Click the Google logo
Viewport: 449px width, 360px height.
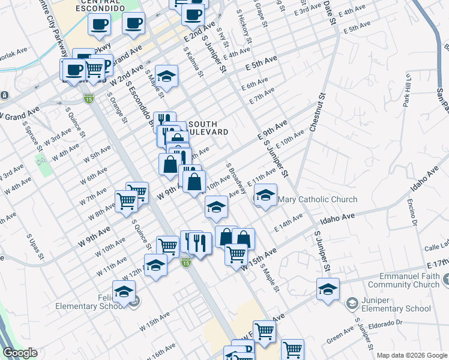click(x=20, y=353)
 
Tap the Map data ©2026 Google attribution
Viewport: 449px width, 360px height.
click(x=412, y=355)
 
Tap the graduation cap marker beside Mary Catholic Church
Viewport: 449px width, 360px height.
click(x=265, y=195)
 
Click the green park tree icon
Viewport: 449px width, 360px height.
click(x=41, y=160)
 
